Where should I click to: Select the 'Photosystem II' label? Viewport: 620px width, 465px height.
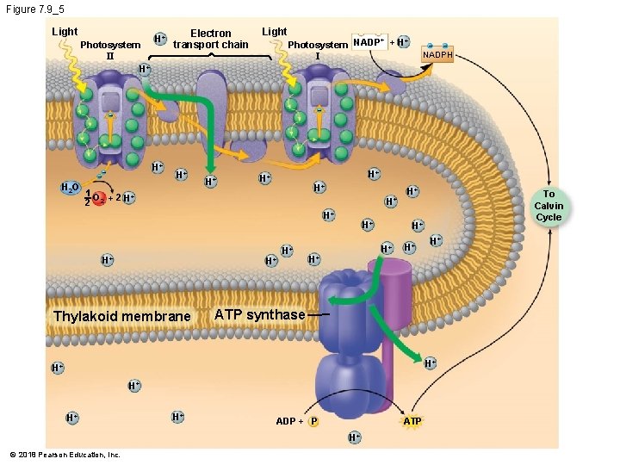(109, 50)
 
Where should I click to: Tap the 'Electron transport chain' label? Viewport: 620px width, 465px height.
(211, 40)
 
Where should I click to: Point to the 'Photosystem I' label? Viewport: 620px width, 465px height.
(318, 50)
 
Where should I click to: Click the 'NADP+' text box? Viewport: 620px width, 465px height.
(369, 42)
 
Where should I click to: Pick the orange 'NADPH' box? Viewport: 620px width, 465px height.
(437, 54)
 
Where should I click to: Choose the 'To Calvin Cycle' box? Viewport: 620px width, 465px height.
(549, 206)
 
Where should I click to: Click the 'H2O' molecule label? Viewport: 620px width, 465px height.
(70, 189)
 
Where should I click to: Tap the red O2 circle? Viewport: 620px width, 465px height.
(99, 199)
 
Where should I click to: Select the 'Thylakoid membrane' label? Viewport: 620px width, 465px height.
(121, 316)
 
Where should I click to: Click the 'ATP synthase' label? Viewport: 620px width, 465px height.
(259, 314)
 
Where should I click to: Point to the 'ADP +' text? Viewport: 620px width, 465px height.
(288, 421)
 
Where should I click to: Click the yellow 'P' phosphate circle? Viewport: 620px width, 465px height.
(313, 421)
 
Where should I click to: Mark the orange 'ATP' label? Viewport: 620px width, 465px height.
(412, 421)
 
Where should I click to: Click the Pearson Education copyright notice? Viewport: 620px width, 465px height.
(65, 455)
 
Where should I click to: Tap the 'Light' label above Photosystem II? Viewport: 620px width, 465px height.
(65, 32)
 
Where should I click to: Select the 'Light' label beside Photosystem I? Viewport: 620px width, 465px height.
(274, 32)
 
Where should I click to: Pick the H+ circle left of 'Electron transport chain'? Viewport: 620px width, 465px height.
(159, 39)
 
